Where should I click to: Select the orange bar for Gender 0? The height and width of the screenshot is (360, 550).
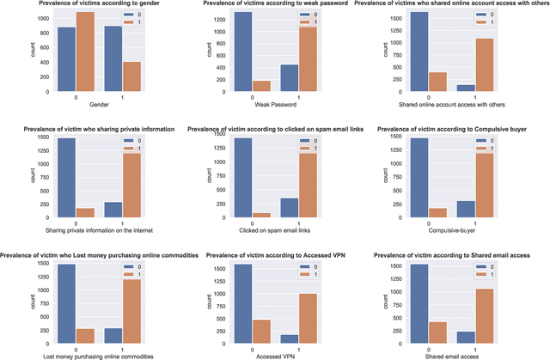coord(84,52)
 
